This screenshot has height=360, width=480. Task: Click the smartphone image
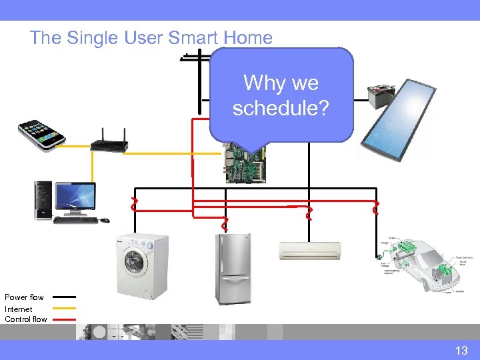(x=41, y=136)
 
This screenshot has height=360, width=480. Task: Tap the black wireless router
(x=109, y=142)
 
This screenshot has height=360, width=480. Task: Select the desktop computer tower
(x=44, y=201)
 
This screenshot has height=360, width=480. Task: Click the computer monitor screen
(x=75, y=197)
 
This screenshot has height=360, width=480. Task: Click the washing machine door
(x=133, y=260)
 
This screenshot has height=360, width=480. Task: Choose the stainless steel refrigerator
(x=233, y=269)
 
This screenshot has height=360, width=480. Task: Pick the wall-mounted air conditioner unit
(x=309, y=251)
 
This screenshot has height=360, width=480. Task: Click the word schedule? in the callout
(x=281, y=107)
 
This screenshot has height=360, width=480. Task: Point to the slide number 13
(x=461, y=350)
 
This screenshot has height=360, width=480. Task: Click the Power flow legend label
(x=25, y=297)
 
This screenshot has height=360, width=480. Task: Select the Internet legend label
(x=19, y=309)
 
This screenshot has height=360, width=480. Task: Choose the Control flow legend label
(x=26, y=319)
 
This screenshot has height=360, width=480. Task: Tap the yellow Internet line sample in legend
(x=64, y=309)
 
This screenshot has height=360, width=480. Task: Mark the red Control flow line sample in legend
(x=64, y=319)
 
